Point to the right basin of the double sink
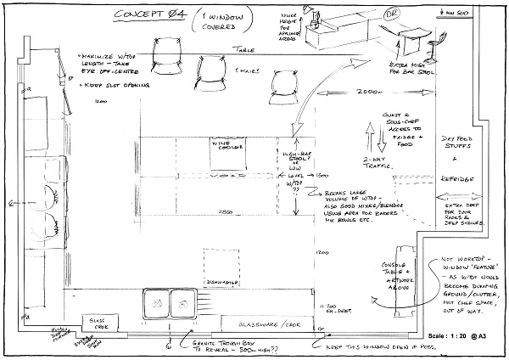point(183,302)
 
